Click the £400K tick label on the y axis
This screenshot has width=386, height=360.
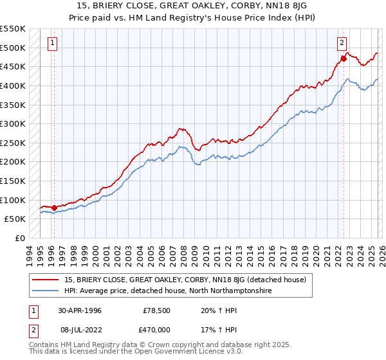13,85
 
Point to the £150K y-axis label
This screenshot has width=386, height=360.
13,181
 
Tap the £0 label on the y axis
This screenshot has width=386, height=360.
19,238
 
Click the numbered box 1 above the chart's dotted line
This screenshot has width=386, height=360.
52,44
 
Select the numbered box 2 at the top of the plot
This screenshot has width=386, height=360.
341,44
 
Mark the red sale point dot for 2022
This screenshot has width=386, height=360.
344,59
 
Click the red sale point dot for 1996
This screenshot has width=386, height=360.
54,208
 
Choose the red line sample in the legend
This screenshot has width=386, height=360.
46,280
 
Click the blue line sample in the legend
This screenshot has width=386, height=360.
46,291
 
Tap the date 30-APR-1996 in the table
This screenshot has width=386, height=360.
80,310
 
